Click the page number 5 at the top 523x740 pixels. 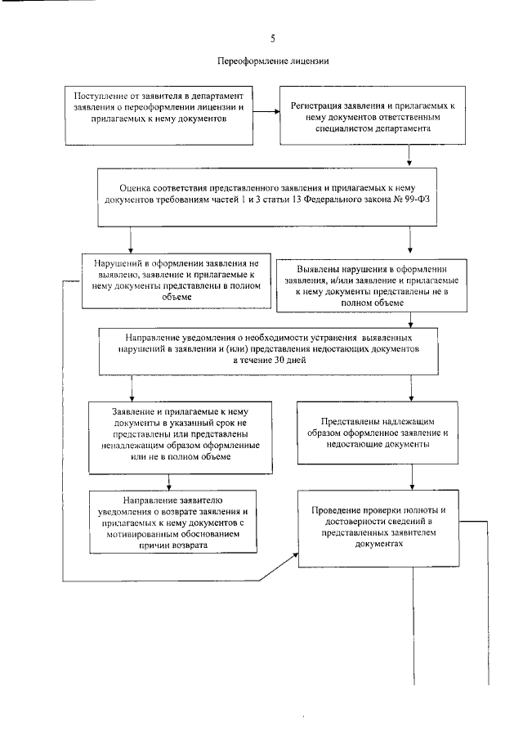[272, 38]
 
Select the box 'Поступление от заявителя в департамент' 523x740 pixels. [159, 107]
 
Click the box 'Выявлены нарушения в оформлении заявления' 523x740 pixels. [361, 285]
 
